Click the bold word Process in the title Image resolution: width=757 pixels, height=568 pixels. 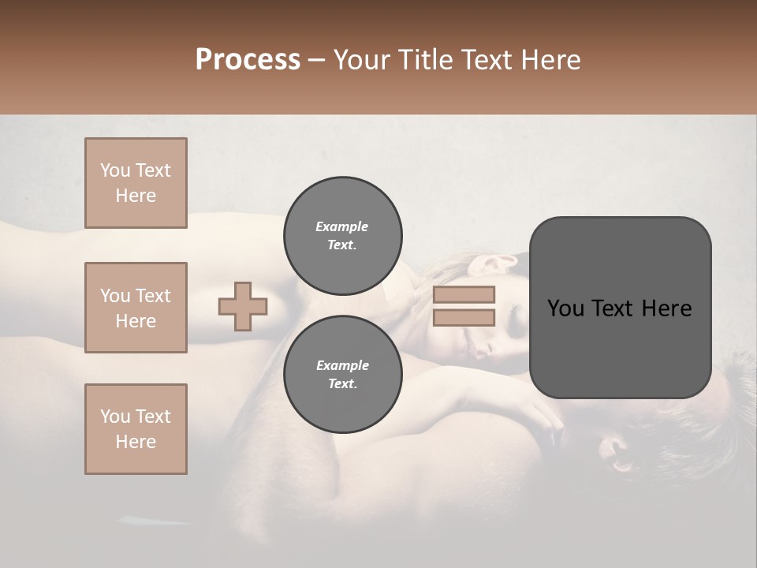click(248, 60)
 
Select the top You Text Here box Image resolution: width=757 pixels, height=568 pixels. click(136, 183)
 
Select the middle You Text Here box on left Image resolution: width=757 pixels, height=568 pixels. click(136, 308)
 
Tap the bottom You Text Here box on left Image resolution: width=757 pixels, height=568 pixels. click(136, 428)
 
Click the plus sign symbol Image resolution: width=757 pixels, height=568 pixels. click(243, 306)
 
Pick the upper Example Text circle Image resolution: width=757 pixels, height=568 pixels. click(342, 235)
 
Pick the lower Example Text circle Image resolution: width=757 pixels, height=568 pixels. click(342, 374)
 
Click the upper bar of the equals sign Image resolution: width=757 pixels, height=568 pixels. click(464, 294)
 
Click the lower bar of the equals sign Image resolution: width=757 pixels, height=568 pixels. click(464, 318)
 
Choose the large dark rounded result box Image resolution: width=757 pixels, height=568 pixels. click(620, 308)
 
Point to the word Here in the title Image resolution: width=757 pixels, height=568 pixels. click(551, 60)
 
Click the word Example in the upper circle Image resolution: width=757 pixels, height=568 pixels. click(342, 226)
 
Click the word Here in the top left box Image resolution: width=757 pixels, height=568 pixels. click(136, 196)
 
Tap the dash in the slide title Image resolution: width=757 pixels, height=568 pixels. click(317, 60)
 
